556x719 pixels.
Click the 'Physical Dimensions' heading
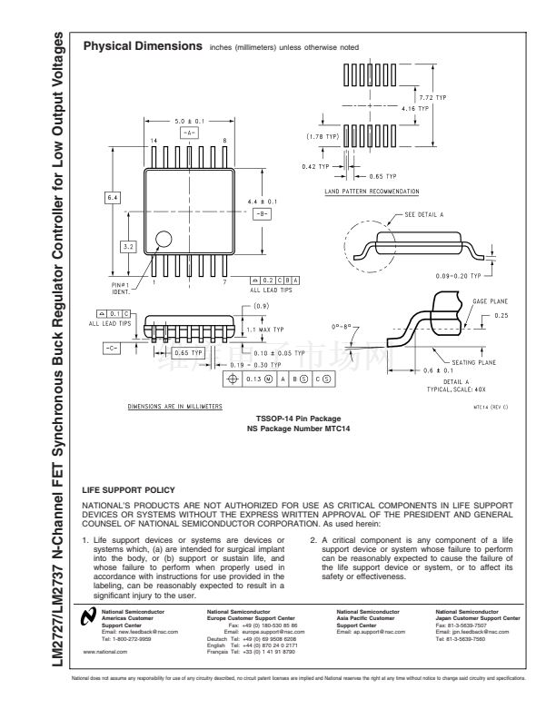[x=142, y=45]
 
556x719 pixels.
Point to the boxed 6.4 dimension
[x=112, y=197]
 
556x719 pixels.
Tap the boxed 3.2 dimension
[x=127, y=245]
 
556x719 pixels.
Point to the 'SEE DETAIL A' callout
[x=424, y=216]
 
